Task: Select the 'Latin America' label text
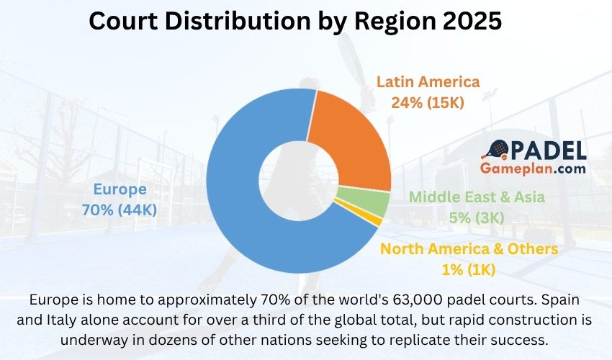[428, 81]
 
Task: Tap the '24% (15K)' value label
[428, 102]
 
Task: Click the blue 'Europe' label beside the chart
[120, 189]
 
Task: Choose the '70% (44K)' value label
[120, 210]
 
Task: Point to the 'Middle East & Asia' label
[477, 197]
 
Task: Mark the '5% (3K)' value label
[477, 217]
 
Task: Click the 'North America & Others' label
[469, 249]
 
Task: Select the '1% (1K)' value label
[469, 270]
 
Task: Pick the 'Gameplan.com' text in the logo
[533, 168]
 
